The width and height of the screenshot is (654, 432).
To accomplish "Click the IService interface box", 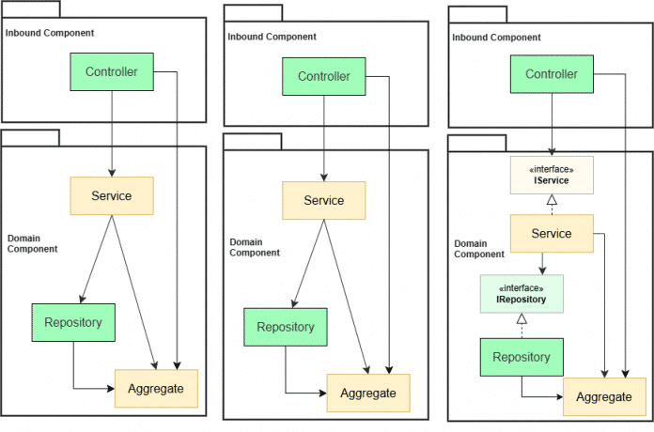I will coord(552,175).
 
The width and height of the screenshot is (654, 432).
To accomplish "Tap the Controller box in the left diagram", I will coord(112,71).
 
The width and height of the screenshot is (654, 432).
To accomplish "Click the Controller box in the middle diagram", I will coord(324,76).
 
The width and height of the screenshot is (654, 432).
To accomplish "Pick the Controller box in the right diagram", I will coord(552,74).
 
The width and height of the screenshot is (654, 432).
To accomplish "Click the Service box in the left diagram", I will coord(112,195).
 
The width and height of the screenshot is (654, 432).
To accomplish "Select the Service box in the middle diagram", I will coord(324,200).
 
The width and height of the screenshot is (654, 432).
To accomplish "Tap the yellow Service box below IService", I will coord(552,233).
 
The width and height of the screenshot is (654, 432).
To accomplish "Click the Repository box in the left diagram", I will coord(73,323).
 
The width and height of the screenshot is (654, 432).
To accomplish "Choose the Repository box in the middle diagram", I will coord(286,328).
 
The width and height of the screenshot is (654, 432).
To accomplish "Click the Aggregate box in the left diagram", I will coord(156,388).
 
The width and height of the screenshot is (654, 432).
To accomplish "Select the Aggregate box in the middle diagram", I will coord(368,393).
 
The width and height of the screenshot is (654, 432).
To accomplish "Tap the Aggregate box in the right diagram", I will coord(604,396).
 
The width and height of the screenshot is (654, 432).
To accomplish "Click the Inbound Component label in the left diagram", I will coord(49,33).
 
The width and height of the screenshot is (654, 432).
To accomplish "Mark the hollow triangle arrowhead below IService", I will coord(552,200).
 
